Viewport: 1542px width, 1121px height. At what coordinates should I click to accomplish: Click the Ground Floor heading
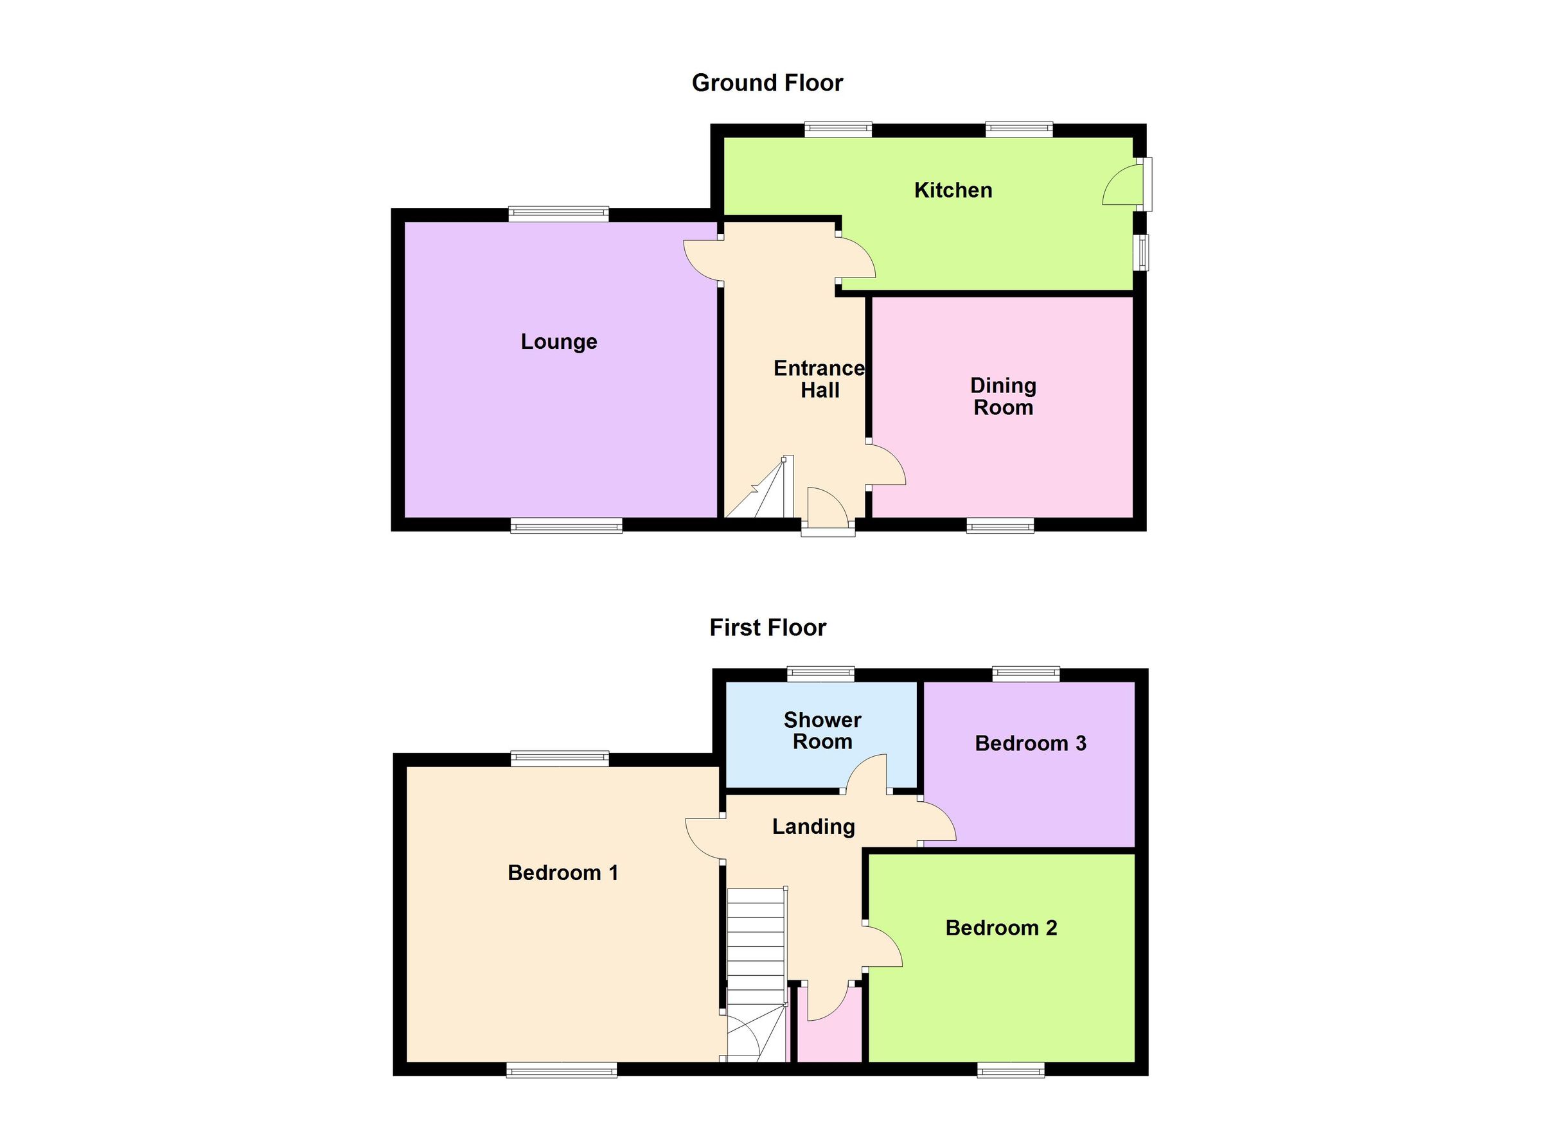pyautogui.click(x=767, y=83)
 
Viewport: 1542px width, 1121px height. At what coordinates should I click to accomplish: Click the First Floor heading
pyautogui.click(x=768, y=628)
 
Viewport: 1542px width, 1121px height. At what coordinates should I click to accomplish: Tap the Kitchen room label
pyautogui.click(x=953, y=190)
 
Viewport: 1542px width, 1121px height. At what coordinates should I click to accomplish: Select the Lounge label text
pyautogui.click(x=559, y=341)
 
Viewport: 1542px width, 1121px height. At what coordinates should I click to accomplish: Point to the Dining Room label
pyautogui.click(x=1003, y=396)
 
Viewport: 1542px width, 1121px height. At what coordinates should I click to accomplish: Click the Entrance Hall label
pyautogui.click(x=819, y=379)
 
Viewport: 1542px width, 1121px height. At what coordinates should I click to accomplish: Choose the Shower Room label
pyautogui.click(x=822, y=731)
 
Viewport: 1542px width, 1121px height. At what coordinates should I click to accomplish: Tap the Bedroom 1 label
pyautogui.click(x=563, y=873)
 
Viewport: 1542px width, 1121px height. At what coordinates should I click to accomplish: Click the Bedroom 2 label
pyautogui.click(x=1001, y=928)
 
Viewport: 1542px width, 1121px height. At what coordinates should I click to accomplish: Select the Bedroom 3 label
pyautogui.click(x=1030, y=744)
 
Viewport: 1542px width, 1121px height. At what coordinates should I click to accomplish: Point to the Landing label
pyautogui.click(x=813, y=827)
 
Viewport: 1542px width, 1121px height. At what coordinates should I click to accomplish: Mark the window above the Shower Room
pyautogui.click(x=820, y=675)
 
